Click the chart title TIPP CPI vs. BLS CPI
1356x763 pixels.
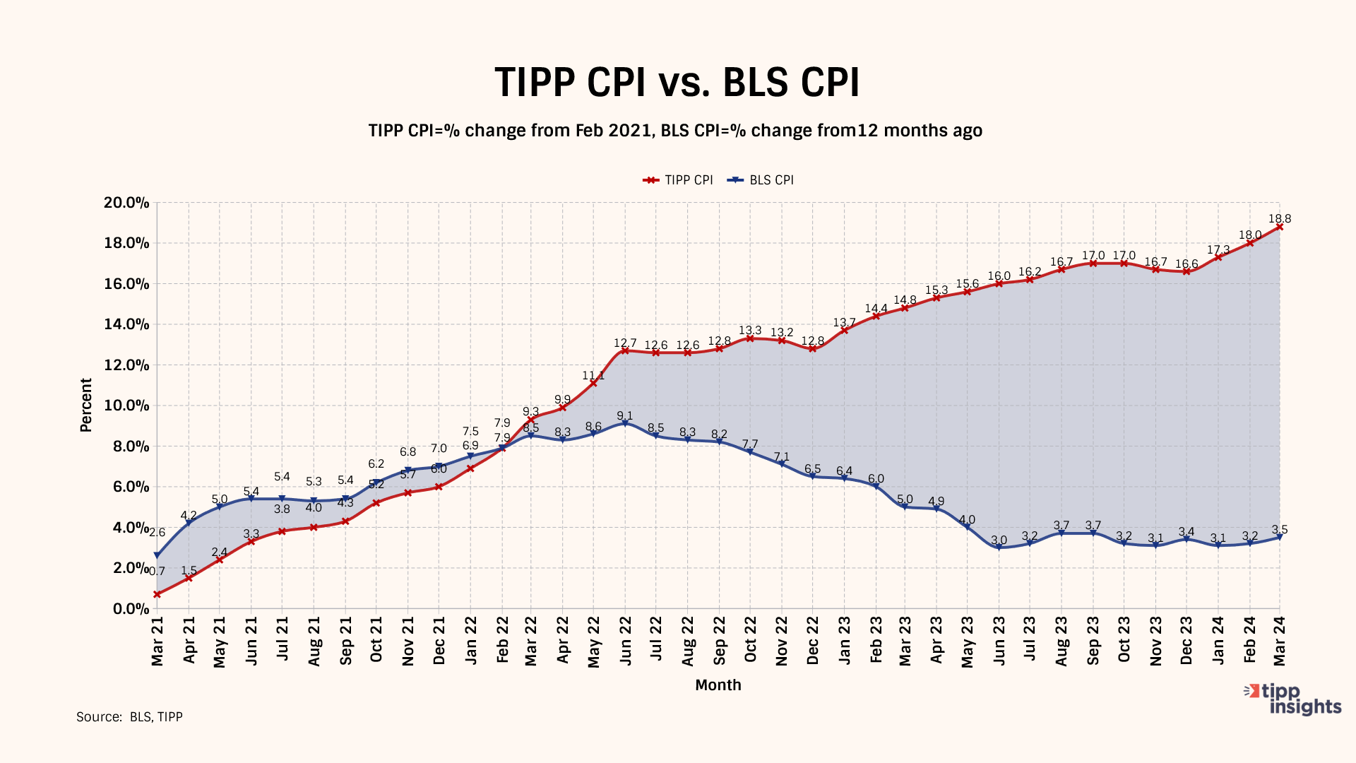coord(677,83)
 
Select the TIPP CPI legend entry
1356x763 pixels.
coord(678,180)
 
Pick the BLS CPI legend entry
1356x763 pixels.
coord(762,180)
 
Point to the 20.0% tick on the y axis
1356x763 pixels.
coord(127,203)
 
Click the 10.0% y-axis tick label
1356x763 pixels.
coord(127,406)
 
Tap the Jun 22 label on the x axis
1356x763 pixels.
coord(625,640)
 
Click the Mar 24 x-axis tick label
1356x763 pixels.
coord(1279,640)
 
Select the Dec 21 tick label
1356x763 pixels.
coord(439,640)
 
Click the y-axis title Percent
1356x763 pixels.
coord(86,405)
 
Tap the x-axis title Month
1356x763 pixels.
coord(718,685)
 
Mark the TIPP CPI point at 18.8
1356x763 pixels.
coord(1279,227)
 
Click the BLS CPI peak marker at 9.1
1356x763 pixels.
coord(625,423)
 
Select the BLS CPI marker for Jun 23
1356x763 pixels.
coord(999,548)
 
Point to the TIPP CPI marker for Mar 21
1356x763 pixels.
coord(157,594)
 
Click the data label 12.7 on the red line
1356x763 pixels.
coord(625,343)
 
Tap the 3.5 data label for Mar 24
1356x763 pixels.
coord(1279,529)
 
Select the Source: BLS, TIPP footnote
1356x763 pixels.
coord(129,717)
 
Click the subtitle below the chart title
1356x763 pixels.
coord(675,131)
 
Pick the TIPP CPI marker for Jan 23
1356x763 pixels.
coord(844,330)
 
